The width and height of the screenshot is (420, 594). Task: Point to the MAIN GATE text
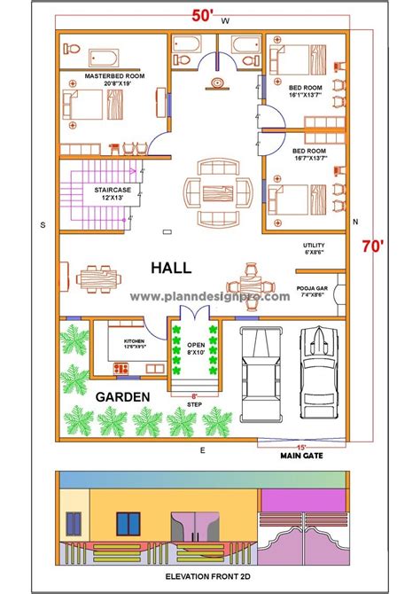(x=302, y=458)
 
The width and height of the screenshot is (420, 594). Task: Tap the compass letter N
(x=354, y=222)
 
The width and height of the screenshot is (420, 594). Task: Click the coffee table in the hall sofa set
(x=211, y=191)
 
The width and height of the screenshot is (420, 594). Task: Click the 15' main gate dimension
(x=301, y=447)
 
